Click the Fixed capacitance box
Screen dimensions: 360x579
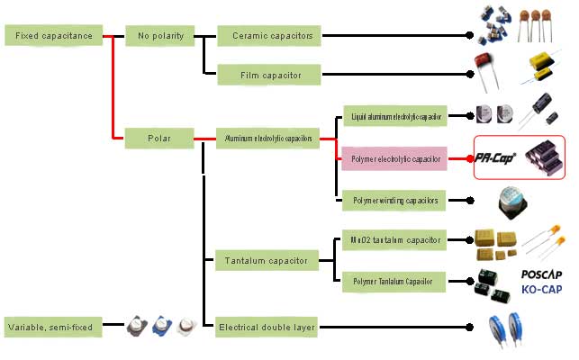pos(53,35)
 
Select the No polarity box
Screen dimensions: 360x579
pos(160,35)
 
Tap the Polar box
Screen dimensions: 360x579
pos(160,139)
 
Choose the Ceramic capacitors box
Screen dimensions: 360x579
pos(268,35)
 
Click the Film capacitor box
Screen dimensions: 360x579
pos(268,74)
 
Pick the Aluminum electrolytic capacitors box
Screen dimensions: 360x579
pos(268,139)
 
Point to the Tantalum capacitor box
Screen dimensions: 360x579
pos(268,262)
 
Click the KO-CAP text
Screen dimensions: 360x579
pos(543,289)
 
